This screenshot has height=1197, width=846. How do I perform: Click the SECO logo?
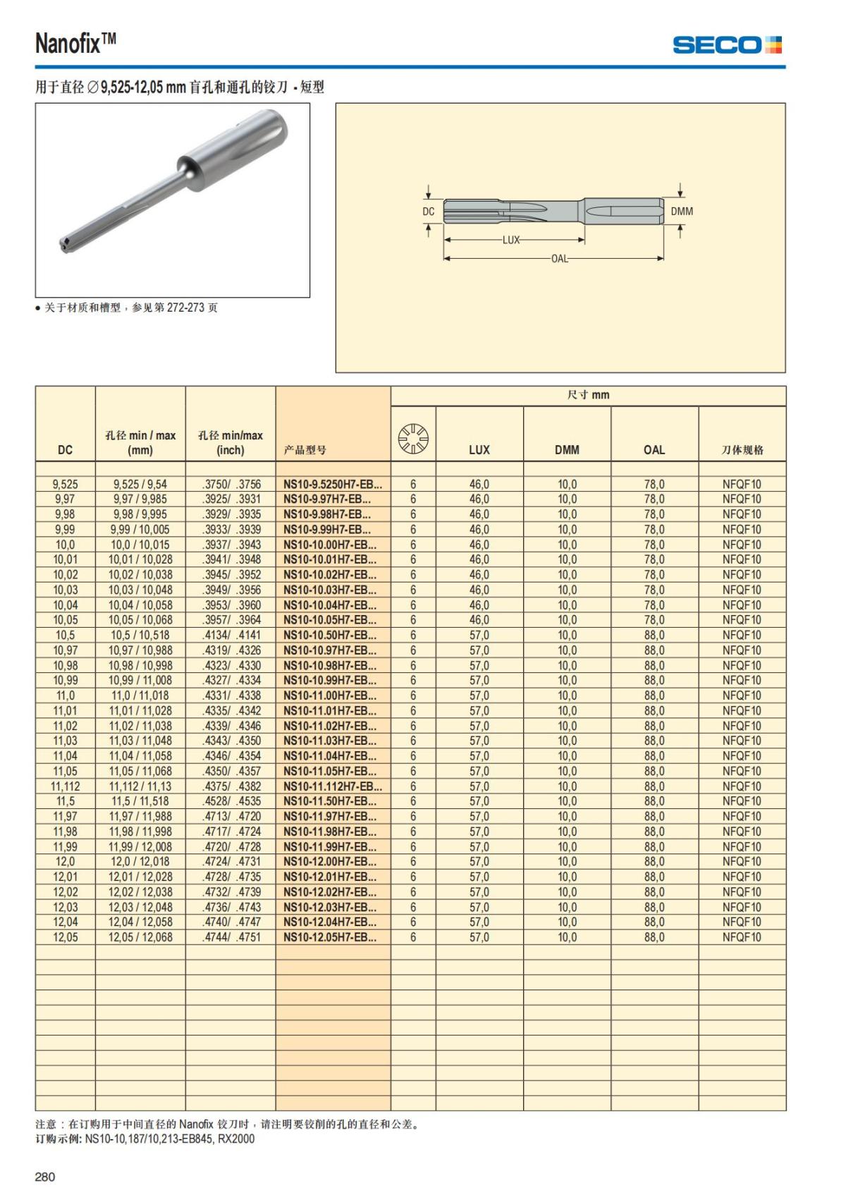[x=727, y=45]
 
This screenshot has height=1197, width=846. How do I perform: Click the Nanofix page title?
[x=75, y=44]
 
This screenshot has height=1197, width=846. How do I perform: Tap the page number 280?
[x=45, y=1177]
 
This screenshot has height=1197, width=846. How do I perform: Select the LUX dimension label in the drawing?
[x=511, y=240]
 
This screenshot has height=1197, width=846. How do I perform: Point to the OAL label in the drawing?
[x=560, y=258]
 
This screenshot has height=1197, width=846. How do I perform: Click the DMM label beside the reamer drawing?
[x=682, y=211]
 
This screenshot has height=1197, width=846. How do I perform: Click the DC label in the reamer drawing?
[x=429, y=211]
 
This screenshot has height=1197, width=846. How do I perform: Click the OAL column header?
[x=654, y=449]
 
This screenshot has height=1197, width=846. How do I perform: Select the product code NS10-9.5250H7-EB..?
[x=332, y=485]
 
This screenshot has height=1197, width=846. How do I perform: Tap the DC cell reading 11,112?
[x=65, y=786]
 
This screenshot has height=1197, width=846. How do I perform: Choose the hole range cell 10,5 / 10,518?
[x=140, y=636]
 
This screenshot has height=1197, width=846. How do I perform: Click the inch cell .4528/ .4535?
[x=231, y=801]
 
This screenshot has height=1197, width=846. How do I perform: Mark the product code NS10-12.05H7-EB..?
[x=329, y=937]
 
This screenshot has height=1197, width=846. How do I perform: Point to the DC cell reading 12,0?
[x=65, y=862]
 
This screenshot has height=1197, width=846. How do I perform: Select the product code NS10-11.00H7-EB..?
[x=329, y=695]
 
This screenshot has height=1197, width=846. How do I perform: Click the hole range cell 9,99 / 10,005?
[x=140, y=530]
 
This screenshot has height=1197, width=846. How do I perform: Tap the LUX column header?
[x=479, y=449]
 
